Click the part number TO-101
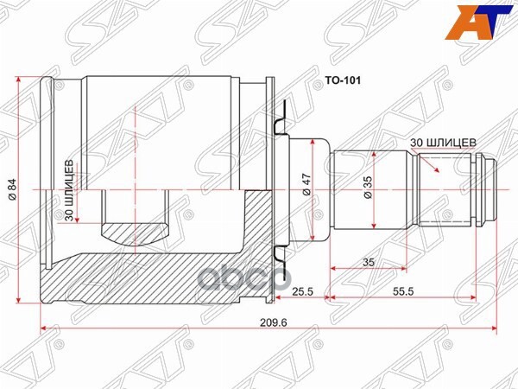(x=340, y=83)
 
